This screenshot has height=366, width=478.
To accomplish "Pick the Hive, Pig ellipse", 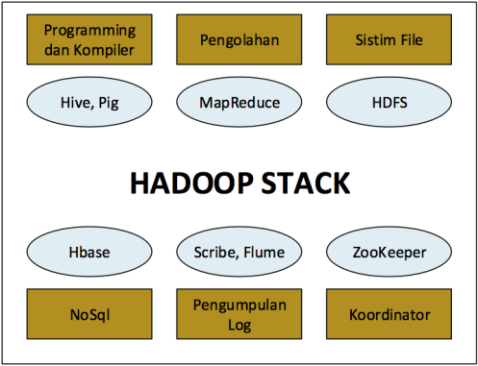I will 88,101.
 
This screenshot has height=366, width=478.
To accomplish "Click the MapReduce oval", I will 239,101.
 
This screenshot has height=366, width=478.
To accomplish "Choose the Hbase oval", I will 88,254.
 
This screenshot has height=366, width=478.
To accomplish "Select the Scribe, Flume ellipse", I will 239,254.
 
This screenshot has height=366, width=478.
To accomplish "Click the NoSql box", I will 88,314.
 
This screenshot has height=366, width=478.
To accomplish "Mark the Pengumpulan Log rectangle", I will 239,314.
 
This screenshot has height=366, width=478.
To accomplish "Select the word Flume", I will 264,254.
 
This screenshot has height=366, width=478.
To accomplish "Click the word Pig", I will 110,102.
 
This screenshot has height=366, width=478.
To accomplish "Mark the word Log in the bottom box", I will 239,325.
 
